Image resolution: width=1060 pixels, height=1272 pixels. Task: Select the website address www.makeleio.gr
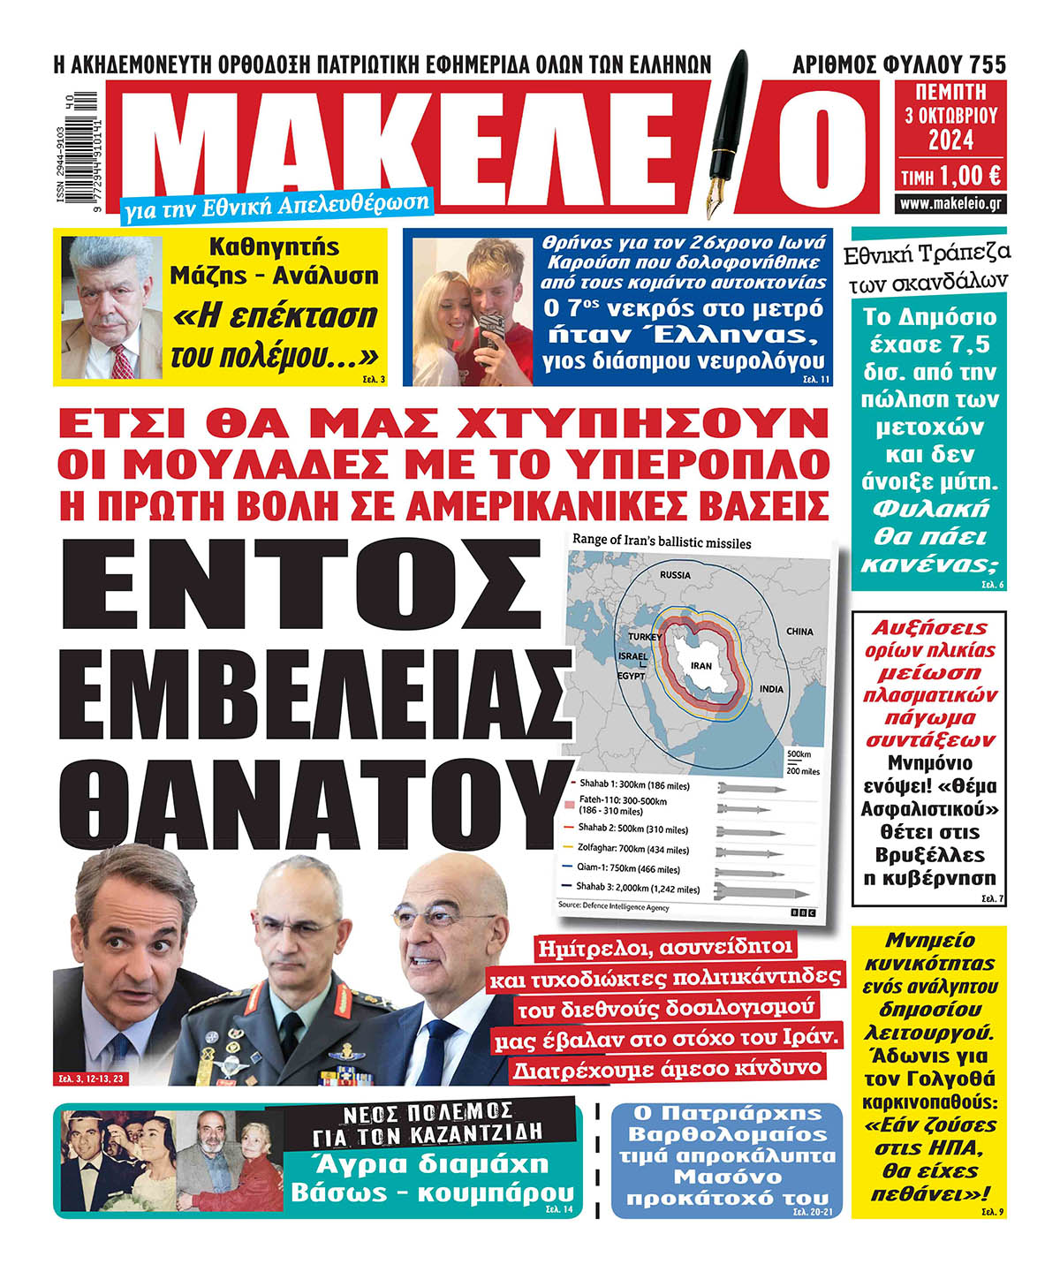tap(950, 204)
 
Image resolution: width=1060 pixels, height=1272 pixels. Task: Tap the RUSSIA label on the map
tap(675, 575)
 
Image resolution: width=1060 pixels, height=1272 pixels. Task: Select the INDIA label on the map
tap(770, 689)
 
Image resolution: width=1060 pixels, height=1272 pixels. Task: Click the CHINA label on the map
tap(799, 632)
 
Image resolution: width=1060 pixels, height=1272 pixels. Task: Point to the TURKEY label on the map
tap(645, 637)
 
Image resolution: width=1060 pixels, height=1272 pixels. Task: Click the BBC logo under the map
tap(803, 911)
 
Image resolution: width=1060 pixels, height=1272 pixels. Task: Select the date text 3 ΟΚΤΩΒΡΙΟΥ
tap(950, 116)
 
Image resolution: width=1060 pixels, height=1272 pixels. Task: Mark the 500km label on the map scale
tap(798, 754)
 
